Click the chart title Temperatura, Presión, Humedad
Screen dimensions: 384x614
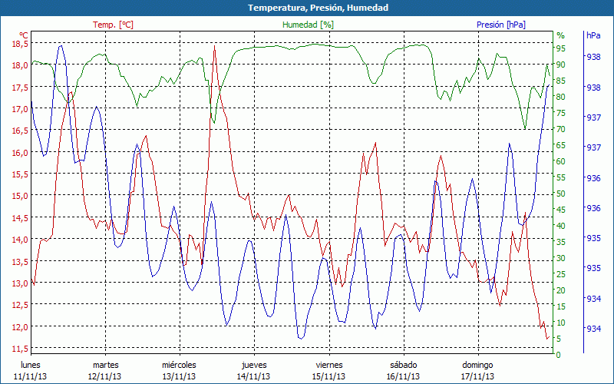[x=307, y=8]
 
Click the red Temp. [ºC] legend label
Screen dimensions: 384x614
[x=113, y=25]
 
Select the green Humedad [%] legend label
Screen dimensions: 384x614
[x=309, y=25]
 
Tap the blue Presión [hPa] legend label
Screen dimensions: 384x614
[x=501, y=25]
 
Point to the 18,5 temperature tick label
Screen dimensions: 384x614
[x=18, y=44]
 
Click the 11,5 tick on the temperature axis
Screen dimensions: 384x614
[x=18, y=349]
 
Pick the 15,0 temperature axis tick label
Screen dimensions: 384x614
[x=18, y=196]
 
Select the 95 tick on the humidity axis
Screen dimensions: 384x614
[x=561, y=48]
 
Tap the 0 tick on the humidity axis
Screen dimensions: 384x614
[x=559, y=355]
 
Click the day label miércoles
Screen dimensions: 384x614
[x=180, y=365]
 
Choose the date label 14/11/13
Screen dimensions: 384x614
[x=254, y=376]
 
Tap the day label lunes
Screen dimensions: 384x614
[x=31, y=365]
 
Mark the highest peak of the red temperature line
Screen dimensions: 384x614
[x=214, y=47]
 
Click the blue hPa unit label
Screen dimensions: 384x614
[x=593, y=35]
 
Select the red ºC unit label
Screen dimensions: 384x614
[x=23, y=35]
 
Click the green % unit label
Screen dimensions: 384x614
[x=560, y=35]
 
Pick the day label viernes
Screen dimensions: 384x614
[x=328, y=365]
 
